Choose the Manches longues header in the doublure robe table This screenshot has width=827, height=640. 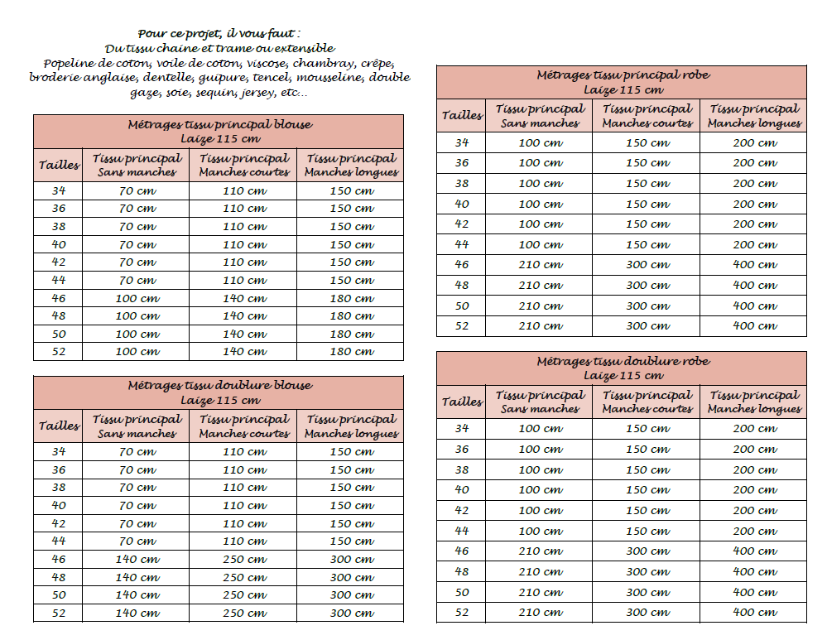pos(754,402)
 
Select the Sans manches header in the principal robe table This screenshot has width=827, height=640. pos(541,116)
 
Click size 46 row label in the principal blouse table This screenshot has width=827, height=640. pos(59,298)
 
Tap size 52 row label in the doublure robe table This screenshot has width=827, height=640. pos(462,613)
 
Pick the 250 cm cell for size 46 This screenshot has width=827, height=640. pos(244,560)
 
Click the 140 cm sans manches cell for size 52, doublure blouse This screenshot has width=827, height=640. pos(137,614)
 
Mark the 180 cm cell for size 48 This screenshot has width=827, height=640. pos(352,316)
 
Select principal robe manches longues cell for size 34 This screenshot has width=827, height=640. pos(754,142)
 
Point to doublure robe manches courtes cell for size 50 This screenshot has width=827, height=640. pos(647,592)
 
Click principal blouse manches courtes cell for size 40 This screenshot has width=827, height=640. pos(244,244)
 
